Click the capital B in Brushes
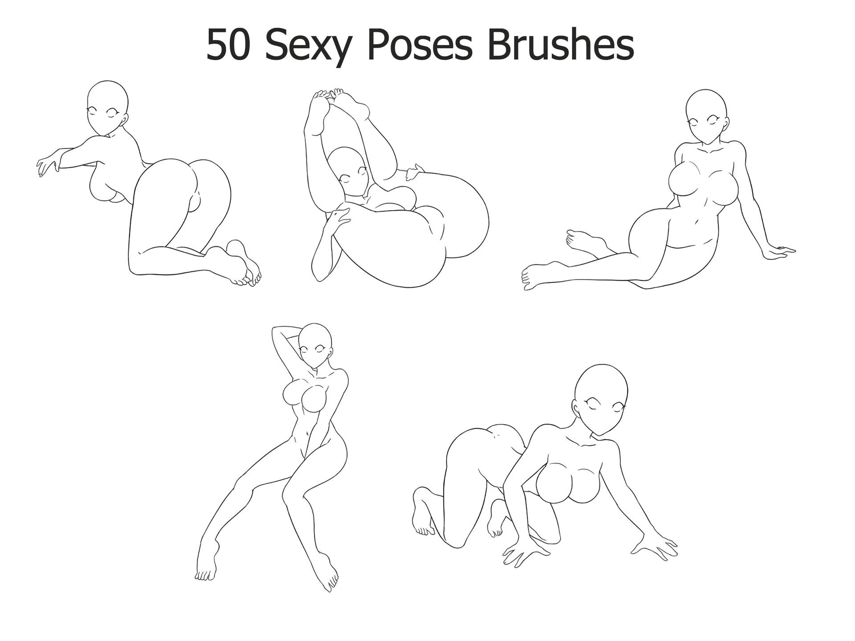click(499, 45)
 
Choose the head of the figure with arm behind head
click(315, 346)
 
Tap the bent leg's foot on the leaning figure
click(583, 241)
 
